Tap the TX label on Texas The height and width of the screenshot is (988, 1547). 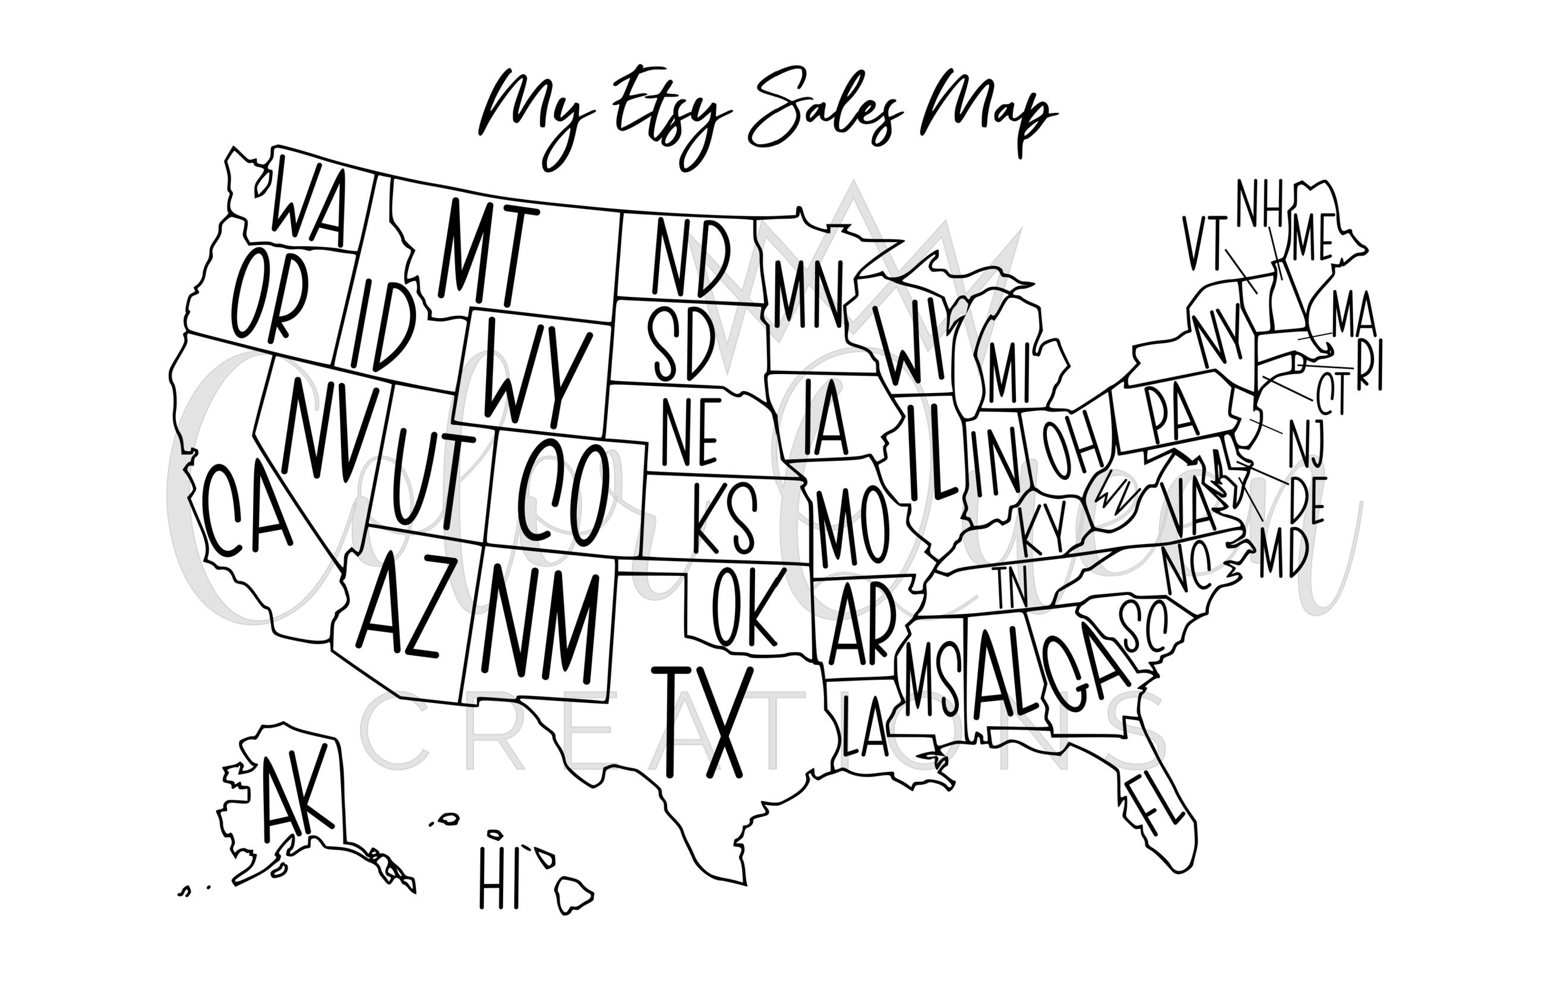pos(703,721)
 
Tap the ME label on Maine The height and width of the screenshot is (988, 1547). pos(1312,237)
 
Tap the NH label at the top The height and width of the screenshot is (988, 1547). pos(1260,204)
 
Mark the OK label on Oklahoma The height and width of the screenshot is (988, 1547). pos(749,607)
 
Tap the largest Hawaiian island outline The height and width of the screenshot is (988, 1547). pos(573,894)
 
